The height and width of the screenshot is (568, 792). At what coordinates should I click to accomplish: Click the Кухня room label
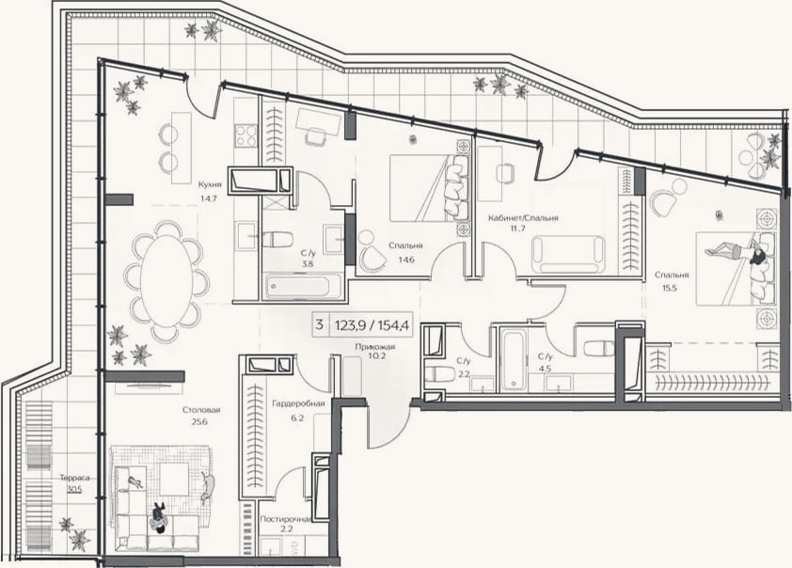(210, 184)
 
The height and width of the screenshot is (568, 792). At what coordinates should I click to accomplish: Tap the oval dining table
(167, 282)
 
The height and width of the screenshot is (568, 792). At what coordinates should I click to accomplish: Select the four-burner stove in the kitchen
(246, 135)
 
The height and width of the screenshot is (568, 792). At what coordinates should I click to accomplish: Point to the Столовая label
(201, 410)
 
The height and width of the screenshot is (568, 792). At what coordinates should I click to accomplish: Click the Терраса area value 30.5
(74, 488)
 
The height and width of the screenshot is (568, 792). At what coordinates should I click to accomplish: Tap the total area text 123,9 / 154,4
(372, 324)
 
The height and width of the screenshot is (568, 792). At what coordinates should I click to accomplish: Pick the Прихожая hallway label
(374, 347)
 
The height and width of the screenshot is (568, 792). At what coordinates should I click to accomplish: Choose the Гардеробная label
(298, 404)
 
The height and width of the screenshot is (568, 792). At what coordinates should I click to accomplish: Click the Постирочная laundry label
(285, 519)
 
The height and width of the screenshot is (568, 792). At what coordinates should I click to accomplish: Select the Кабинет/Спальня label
(523, 218)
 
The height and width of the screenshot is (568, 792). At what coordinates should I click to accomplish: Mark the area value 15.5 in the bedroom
(670, 289)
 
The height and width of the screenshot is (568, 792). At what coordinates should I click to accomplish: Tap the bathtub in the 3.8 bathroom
(297, 287)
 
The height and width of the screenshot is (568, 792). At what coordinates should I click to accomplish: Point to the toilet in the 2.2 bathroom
(436, 374)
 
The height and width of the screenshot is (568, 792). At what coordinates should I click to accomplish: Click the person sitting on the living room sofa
(159, 516)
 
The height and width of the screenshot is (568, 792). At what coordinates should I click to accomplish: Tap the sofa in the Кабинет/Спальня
(568, 255)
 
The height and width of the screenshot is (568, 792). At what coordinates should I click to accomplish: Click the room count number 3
(319, 324)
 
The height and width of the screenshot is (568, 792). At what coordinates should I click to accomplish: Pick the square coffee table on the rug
(175, 480)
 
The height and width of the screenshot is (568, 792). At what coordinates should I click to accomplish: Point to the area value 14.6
(406, 260)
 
